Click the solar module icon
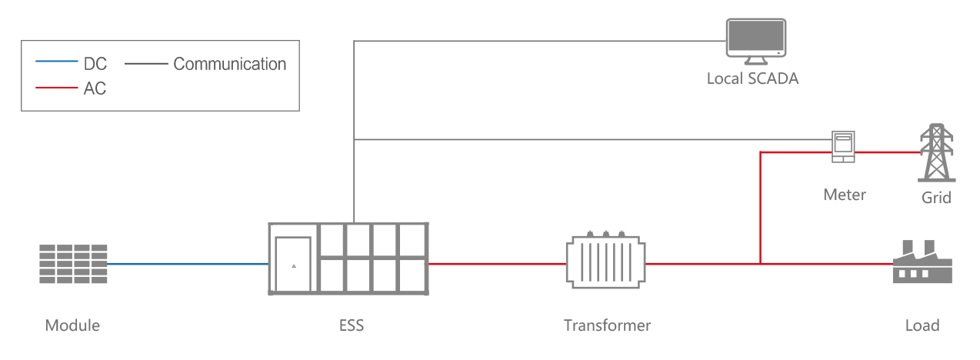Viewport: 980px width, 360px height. click(x=73, y=264)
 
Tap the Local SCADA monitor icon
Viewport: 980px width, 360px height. click(x=756, y=41)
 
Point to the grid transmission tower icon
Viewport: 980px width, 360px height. click(x=936, y=152)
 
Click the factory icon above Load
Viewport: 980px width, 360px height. click(x=922, y=264)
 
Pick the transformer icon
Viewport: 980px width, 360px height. click(x=606, y=261)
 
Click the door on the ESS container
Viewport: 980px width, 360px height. click(x=293, y=264)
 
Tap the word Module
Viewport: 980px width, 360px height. click(x=72, y=325)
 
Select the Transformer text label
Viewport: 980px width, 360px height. click(x=607, y=325)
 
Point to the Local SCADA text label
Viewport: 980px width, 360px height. click(x=752, y=78)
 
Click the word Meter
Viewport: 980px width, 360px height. click(x=844, y=195)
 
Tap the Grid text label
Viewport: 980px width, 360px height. click(x=936, y=198)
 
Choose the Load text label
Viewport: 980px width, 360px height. click(x=922, y=325)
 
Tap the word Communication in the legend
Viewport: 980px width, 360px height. click(x=229, y=64)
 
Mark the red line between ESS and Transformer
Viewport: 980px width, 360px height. click(x=496, y=264)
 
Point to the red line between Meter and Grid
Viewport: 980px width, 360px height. click(x=888, y=152)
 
